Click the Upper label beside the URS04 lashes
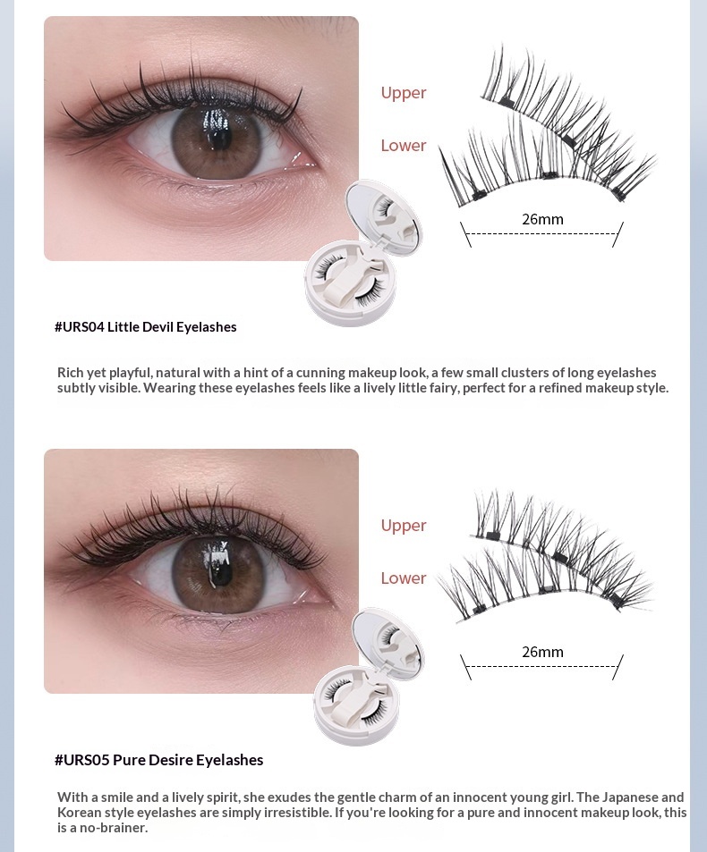click(x=403, y=93)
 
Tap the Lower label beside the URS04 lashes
click(x=403, y=145)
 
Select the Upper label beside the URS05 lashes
click(x=403, y=526)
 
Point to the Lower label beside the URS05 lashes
click(x=403, y=578)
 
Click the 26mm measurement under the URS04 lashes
click(x=542, y=219)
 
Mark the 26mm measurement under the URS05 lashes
click(x=542, y=652)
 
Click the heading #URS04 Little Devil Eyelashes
click(x=145, y=326)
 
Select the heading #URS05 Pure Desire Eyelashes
click(x=158, y=760)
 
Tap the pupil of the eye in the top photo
click(x=217, y=132)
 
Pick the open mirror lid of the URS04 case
click(x=384, y=215)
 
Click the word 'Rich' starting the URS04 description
click(x=70, y=372)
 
